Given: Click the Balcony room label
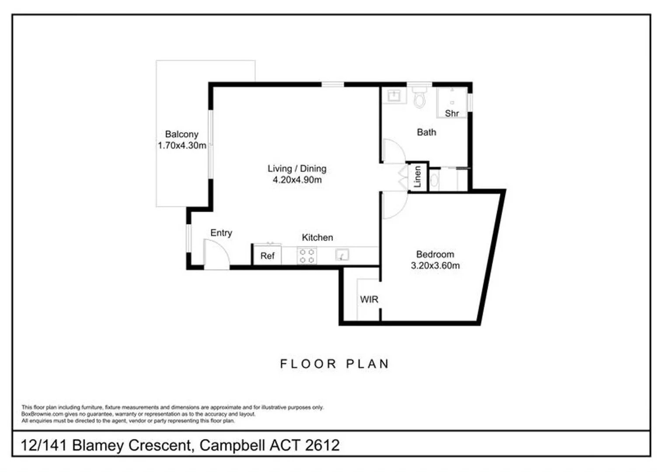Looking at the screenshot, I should click(181, 134).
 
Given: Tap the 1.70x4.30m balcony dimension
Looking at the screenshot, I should click(182, 146).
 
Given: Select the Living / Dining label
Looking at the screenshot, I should click(297, 168).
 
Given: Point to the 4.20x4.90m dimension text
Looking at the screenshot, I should click(297, 180).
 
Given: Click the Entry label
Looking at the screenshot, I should click(221, 233).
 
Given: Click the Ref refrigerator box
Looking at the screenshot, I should click(267, 256).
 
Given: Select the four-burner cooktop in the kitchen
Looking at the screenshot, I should click(307, 256).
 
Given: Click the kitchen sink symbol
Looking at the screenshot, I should click(342, 255).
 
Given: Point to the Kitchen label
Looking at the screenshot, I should click(317, 237).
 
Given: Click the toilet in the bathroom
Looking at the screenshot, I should click(420, 98).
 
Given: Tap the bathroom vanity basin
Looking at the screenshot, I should click(394, 96).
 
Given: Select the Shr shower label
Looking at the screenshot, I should click(452, 113).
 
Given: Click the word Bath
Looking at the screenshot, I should click(426, 132).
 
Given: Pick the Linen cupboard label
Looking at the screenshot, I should click(418, 177).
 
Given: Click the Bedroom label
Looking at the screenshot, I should click(435, 254).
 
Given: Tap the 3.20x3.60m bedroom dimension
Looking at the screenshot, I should click(435, 265).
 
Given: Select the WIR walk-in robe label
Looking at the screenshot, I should click(369, 299).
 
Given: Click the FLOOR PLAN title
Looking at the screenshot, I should click(334, 364).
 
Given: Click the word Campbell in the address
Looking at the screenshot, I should click(232, 445).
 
